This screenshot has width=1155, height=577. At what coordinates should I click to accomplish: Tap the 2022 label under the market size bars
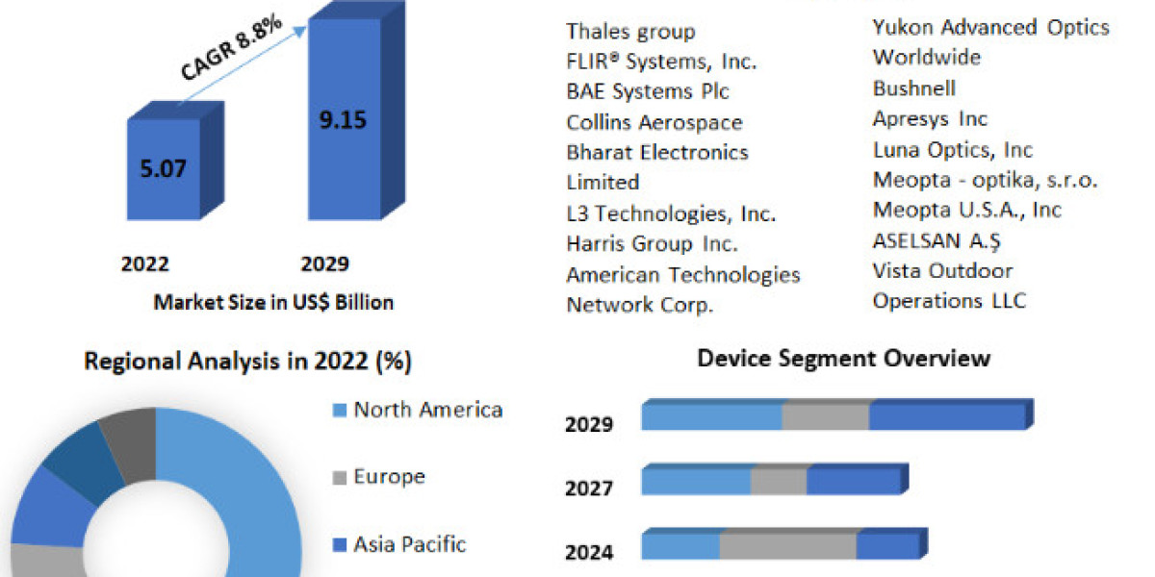point(145,264)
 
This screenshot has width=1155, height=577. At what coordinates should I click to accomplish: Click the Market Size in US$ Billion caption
point(273,302)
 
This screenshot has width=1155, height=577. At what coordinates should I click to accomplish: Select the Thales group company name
point(630,32)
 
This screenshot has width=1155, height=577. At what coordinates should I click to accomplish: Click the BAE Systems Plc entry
point(648,91)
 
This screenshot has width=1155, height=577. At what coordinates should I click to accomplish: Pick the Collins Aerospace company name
point(654,122)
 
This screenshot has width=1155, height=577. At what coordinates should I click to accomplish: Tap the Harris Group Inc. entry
point(653,243)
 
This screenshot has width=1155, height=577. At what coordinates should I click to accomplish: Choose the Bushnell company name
point(914,88)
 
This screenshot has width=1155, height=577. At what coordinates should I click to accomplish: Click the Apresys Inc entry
point(930,119)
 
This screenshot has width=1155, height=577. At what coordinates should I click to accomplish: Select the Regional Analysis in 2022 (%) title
point(248,363)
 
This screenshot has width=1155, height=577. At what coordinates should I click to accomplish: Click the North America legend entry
point(427,411)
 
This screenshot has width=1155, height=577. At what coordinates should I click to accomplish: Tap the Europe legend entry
point(389,477)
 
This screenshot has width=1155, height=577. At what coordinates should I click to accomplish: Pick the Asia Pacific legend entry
point(409,544)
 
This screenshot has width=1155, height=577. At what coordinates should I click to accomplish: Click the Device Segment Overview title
point(843,359)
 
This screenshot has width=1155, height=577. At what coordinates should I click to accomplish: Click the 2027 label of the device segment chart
point(589,489)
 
